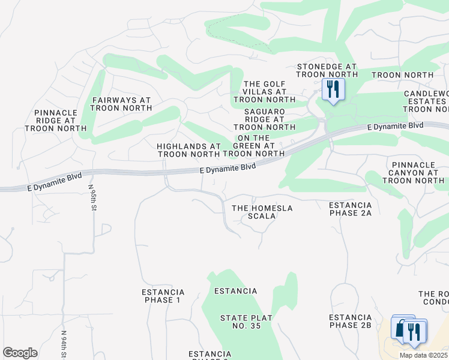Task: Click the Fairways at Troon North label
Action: [121, 104]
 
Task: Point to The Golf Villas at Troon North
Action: [264, 92]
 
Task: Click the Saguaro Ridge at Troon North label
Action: [264, 119]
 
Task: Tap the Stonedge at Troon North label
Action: [327, 70]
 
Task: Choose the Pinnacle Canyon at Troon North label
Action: [418, 172]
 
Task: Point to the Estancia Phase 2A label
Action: [351, 209]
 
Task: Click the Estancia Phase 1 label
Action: [163, 296]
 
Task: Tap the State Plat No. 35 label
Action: [246, 322]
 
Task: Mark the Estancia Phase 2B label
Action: [351, 321]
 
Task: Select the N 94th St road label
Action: [63, 343]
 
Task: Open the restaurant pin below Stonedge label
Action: [332, 90]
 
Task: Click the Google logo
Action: [20, 353]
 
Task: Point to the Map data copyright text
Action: [423, 355]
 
